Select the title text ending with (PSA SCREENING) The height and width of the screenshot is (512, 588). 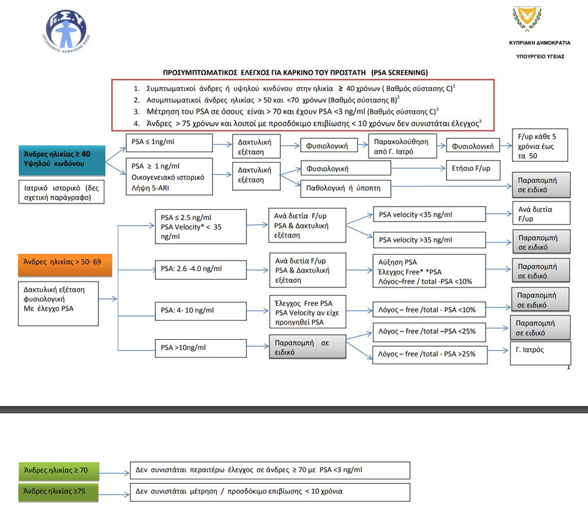tap(296, 72)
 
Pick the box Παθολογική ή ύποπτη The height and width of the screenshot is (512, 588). tap(346, 189)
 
